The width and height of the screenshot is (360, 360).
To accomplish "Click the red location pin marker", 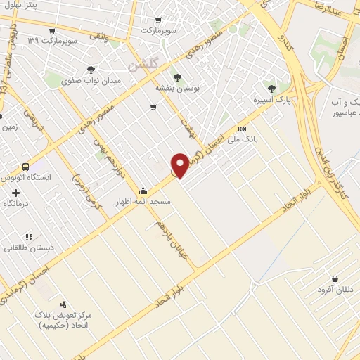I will [x=181, y=165].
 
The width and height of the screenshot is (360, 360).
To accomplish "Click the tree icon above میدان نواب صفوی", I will [x=91, y=69].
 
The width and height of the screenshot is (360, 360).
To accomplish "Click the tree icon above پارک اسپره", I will [x=271, y=88].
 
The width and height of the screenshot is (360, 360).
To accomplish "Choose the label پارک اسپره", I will [x=274, y=101].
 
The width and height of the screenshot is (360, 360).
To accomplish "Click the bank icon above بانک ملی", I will [x=242, y=129].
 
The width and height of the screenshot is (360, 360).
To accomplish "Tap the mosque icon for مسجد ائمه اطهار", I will [x=143, y=190].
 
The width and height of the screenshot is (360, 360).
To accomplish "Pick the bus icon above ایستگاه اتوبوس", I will [x=26, y=167].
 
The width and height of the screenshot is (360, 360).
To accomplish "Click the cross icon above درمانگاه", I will [x=15, y=192].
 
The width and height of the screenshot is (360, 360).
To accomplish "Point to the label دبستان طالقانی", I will [x=25, y=248].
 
